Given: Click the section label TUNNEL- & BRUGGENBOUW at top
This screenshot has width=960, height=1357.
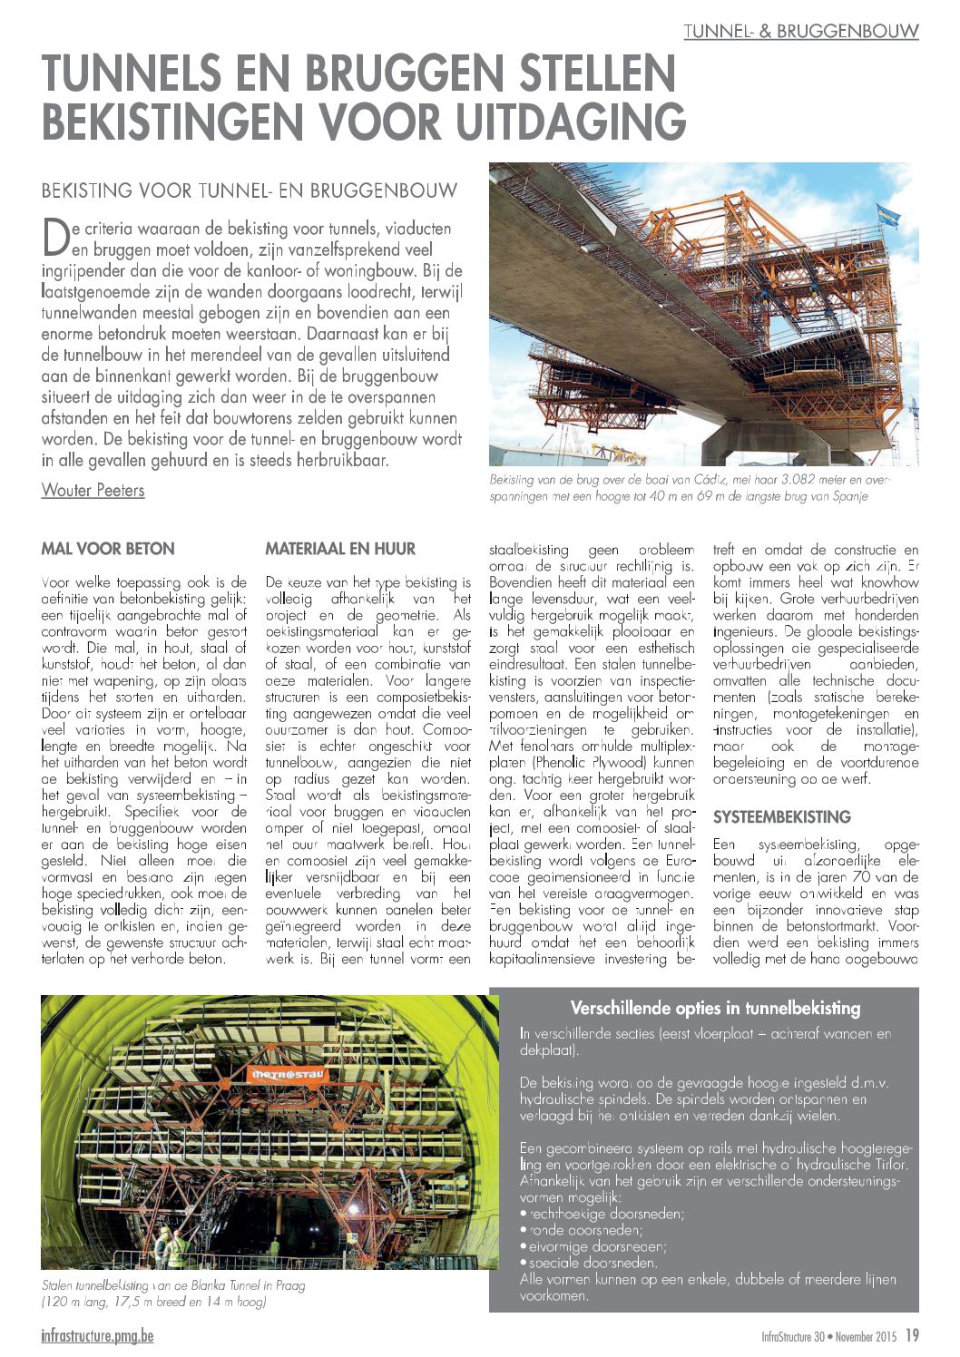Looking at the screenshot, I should pyautogui.click(x=801, y=31).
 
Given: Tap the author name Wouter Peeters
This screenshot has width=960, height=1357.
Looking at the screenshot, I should pyautogui.click(x=93, y=491).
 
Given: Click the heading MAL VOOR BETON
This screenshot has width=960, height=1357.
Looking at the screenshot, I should pyautogui.click(x=108, y=549).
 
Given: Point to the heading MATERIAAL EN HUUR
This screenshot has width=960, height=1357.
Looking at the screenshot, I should pyautogui.click(x=340, y=549).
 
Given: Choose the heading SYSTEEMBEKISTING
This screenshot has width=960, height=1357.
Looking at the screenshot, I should pyautogui.click(x=781, y=816).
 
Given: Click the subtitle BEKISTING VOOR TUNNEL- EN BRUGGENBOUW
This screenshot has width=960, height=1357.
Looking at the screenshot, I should pyautogui.click(x=250, y=191).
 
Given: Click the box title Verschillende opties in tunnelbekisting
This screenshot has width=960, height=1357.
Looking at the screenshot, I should pyautogui.click(x=715, y=1008).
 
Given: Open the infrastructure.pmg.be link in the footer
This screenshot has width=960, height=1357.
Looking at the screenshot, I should pyautogui.click(x=97, y=1336).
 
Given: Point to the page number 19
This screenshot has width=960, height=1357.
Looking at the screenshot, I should pyautogui.click(x=912, y=1336).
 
